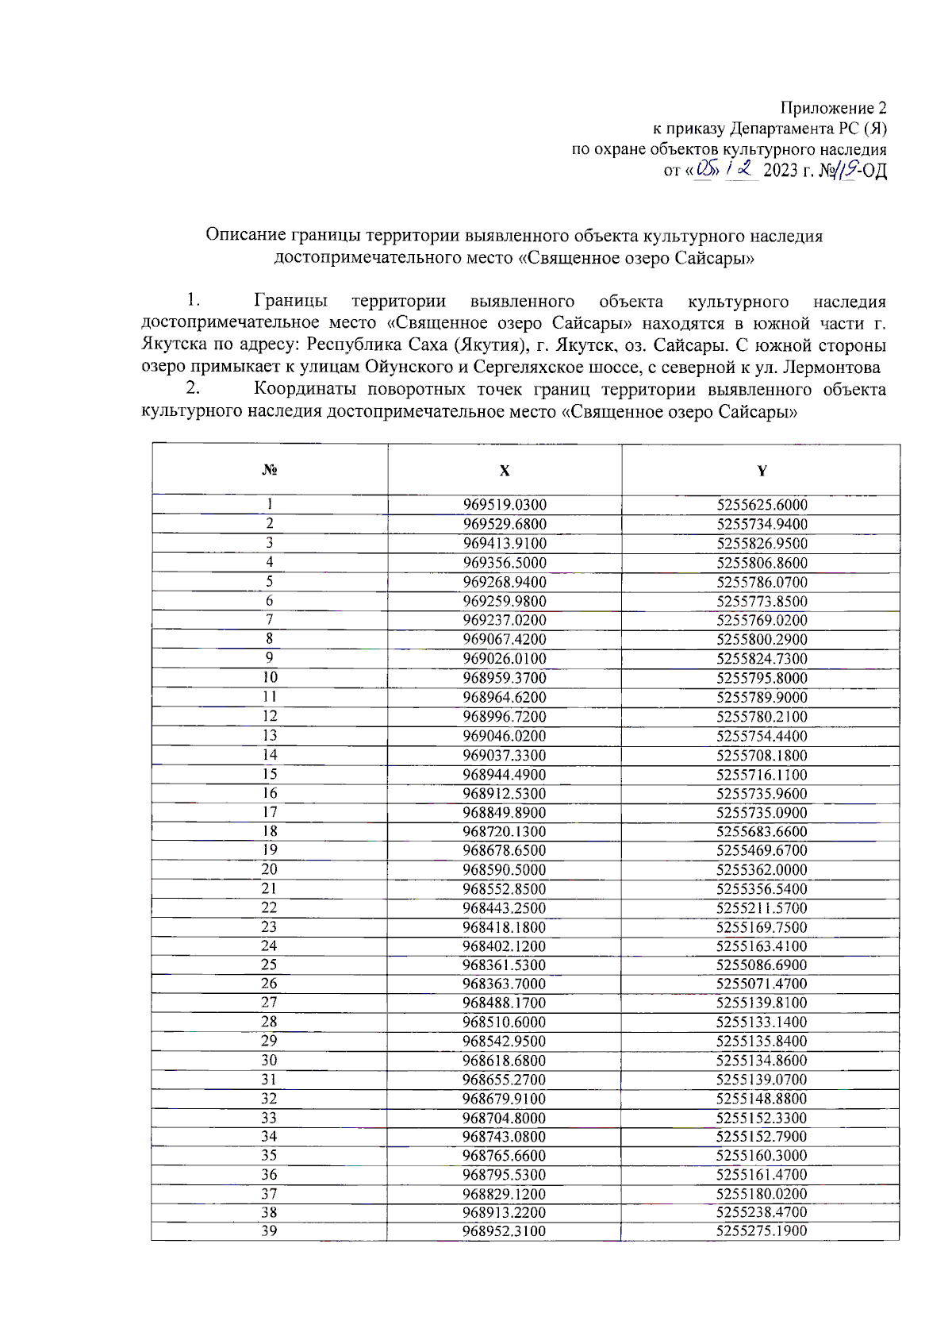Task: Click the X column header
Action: pos(505,471)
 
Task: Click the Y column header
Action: pos(762,471)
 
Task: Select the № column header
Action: pos(270,470)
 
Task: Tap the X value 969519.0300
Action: pos(505,505)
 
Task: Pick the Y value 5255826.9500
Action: pos(762,544)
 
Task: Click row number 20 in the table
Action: pos(270,869)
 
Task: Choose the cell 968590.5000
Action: pos(505,870)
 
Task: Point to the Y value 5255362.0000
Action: pos(762,870)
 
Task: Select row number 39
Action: pos(270,1230)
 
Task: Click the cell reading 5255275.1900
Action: pos(762,1231)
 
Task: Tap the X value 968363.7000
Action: pos(505,984)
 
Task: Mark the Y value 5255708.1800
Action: pos(762,755)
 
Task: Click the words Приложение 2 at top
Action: pos(833,108)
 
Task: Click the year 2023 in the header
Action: pos(781,170)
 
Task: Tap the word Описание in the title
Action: pos(245,236)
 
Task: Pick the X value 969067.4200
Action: pos(505,640)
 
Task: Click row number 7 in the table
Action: pos(270,620)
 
